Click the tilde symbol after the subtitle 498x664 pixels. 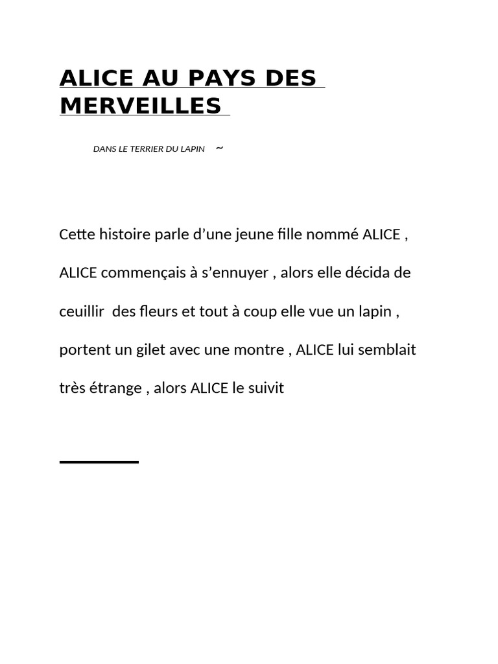point(219,148)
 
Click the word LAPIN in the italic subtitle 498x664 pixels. point(191,149)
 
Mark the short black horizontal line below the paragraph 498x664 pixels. point(99,462)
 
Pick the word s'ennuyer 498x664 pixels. point(235,273)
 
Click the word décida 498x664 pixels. point(369,272)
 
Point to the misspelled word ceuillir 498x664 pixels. point(82,311)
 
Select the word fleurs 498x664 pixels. point(158,311)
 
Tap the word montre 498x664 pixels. point(262,350)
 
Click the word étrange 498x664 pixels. point(116,389)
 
